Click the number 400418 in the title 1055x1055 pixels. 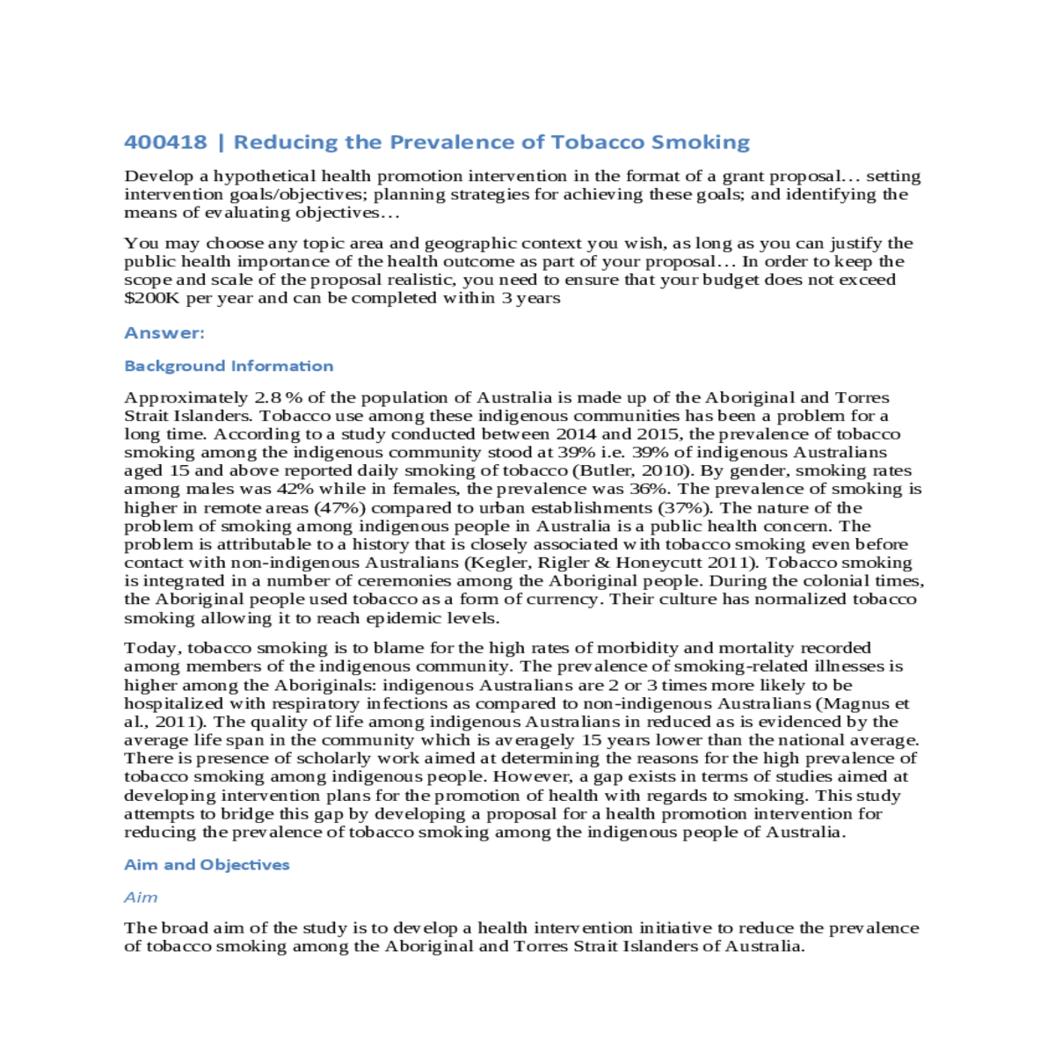[165, 142]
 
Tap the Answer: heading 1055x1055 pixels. [164, 332]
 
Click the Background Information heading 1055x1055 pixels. [229, 366]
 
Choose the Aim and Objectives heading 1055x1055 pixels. [207, 864]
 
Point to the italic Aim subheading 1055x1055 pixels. [141, 897]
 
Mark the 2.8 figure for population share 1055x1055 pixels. [267, 397]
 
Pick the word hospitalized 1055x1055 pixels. [174, 703]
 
